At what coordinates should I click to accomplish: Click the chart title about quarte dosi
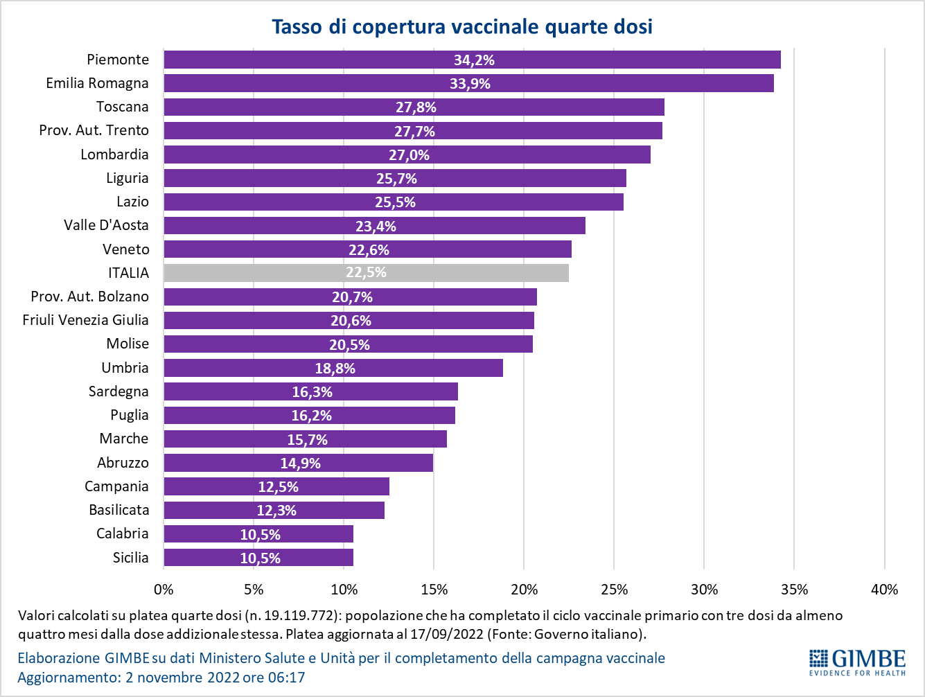462,26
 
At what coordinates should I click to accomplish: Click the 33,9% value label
470,84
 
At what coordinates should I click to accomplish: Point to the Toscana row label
122,107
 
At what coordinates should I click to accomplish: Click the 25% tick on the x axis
614,590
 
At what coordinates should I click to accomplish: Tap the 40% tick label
884,590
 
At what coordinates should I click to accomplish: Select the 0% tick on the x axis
164,590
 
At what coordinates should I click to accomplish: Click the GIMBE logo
857,662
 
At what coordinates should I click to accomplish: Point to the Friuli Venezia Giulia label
85,320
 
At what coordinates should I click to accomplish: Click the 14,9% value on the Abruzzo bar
300,464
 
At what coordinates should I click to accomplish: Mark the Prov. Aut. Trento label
94,130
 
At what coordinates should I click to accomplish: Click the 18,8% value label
335,369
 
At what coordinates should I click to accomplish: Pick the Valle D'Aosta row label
106,225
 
